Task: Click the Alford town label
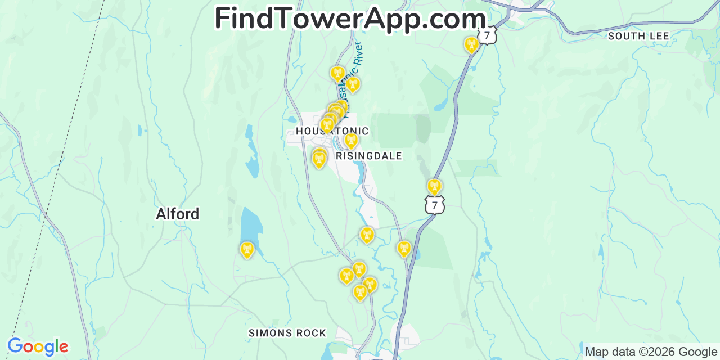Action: [177, 214]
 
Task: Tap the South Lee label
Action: [638, 36]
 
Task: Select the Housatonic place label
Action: [332, 132]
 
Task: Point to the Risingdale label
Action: [369, 156]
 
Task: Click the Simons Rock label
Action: [287, 333]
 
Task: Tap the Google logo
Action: [38, 346]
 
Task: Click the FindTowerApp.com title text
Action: [350, 18]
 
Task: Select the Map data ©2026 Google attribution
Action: [651, 352]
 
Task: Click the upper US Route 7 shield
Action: [488, 35]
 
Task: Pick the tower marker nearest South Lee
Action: [471, 44]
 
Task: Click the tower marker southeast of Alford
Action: [247, 249]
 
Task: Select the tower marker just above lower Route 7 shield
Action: [434, 186]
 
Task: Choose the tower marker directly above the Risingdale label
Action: [351, 139]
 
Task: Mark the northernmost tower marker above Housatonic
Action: [337, 73]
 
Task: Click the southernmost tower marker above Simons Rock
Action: [360, 291]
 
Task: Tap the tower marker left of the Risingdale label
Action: [319, 159]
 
